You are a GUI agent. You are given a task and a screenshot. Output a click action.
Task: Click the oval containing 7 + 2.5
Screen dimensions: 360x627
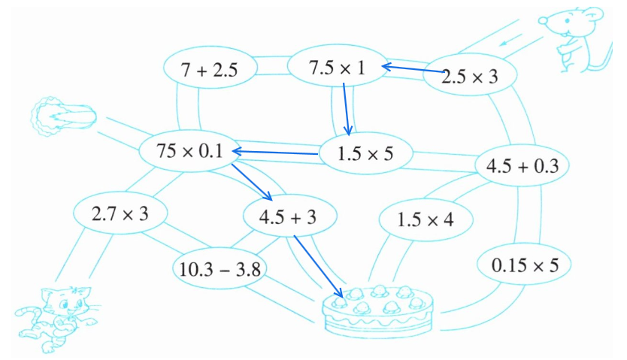click(x=210, y=71)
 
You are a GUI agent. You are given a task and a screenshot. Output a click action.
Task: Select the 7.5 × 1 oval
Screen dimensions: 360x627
click(x=336, y=68)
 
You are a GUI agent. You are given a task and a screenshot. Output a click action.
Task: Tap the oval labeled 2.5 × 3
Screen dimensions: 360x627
click(x=469, y=76)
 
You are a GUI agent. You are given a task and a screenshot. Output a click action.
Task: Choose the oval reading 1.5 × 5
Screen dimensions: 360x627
click(x=366, y=153)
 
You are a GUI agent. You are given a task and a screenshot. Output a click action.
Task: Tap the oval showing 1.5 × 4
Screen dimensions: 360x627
click(x=426, y=220)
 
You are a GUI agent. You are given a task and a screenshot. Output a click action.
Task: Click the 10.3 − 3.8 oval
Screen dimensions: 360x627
click(x=216, y=268)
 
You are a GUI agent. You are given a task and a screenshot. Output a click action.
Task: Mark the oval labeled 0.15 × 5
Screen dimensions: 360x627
click(x=525, y=265)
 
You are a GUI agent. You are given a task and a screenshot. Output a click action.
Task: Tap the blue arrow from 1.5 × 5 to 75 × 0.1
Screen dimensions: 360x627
click(x=275, y=154)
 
